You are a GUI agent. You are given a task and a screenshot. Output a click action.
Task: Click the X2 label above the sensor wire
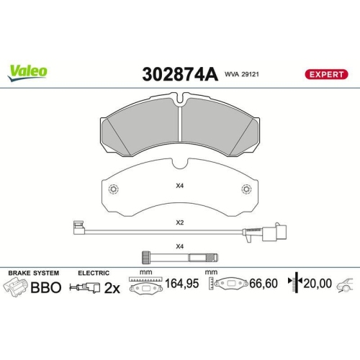[x=179, y=223]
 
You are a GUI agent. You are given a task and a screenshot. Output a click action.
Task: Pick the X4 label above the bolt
[x=179, y=246]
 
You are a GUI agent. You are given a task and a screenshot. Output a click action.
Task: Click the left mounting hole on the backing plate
[x=113, y=190]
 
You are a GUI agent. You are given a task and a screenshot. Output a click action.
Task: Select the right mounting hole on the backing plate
[x=246, y=190]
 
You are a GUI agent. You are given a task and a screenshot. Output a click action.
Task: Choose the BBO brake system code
[x=45, y=286]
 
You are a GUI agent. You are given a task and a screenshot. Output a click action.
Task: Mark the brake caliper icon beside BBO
[x=17, y=286]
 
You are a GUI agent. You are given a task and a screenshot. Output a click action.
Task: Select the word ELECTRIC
[x=94, y=273]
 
